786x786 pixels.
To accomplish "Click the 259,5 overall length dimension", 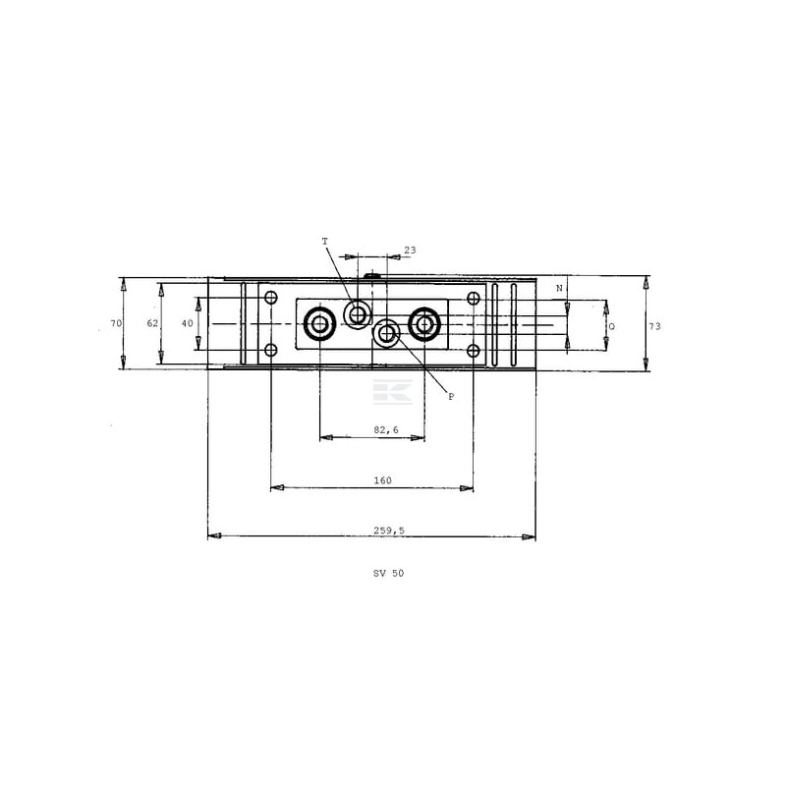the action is (x=388, y=531).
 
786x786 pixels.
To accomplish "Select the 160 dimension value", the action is (x=382, y=480).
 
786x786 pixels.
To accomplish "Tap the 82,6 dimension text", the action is (x=386, y=430).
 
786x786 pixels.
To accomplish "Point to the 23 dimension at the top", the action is (x=410, y=251).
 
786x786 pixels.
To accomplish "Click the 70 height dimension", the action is (x=116, y=324).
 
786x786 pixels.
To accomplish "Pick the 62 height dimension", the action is (x=152, y=324).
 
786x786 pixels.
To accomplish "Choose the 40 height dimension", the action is (x=187, y=324).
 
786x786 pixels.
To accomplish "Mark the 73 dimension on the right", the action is (x=654, y=326).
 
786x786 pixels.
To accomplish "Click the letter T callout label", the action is (x=325, y=242).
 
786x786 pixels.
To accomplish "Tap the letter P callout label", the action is (x=451, y=397).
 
